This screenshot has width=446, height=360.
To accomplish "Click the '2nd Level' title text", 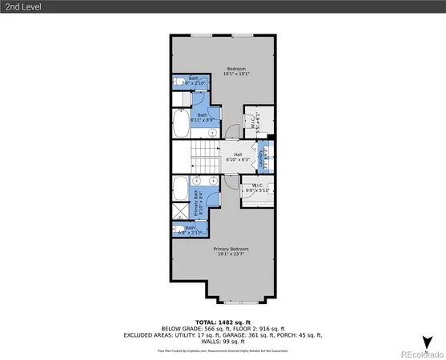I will pyautogui.click(x=23, y=6).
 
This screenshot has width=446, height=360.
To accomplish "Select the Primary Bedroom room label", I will pyautogui.click(x=231, y=252).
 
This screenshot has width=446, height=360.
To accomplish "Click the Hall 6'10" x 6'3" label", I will pyautogui.click(x=237, y=158).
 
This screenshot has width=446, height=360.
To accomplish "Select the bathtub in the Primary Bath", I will pyautogui.click(x=181, y=197).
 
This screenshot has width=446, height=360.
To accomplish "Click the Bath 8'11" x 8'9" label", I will pyautogui.click(x=203, y=118).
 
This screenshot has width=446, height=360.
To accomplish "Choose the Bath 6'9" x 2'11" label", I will pyautogui.click(x=190, y=230).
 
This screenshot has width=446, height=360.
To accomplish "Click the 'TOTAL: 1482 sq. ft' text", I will pyautogui.click(x=223, y=321).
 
